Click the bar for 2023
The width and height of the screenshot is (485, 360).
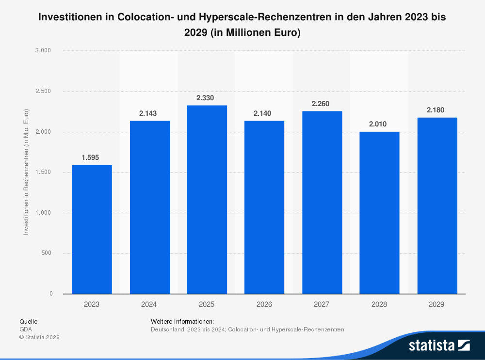[92, 229]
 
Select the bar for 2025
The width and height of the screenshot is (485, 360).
[207, 199]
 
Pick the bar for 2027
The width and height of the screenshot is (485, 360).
[322, 202]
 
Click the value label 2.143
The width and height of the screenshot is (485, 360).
[149, 113]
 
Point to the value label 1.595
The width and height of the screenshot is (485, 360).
[92, 157]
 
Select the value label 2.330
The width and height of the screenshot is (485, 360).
[207, 98]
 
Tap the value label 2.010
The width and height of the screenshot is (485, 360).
[379, 124]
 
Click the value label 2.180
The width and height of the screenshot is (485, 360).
[436, 110]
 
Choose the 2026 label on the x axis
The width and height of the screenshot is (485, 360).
[264, 304]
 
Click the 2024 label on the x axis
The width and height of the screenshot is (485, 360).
[149, 304]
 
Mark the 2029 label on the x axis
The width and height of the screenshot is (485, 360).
[436, 304]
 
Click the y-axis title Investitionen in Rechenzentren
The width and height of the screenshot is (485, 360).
[26, 172]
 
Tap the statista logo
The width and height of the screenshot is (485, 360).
[439, 345]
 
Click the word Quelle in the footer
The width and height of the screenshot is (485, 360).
[28, 321]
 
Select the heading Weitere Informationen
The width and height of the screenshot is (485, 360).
[182, 321]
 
